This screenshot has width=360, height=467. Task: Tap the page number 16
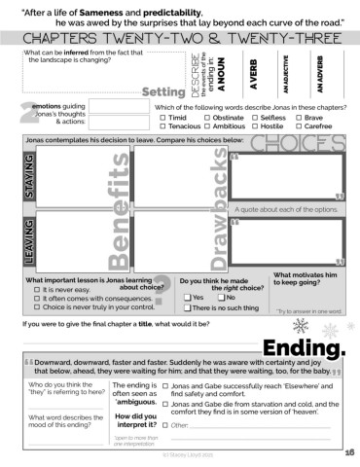pyautogui.click(x=349, y=452)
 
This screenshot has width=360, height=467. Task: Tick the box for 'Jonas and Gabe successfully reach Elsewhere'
pyautogui.click(x=166, y=387)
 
